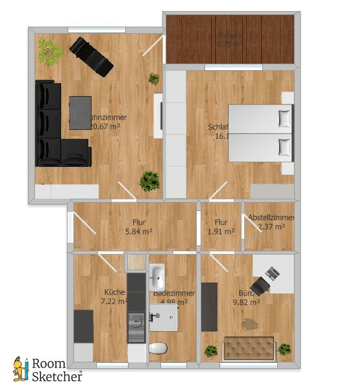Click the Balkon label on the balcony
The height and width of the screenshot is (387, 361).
[x=229, y=36]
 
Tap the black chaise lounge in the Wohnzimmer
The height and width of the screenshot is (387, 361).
[x=92, y=56]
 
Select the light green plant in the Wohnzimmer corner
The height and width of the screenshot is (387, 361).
[x=47, y=50]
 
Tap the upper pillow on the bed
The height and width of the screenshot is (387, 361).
[x=284, y=118]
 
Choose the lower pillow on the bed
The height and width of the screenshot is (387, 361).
[x=284, y=147]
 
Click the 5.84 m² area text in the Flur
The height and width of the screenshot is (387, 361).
[x=138, y=231]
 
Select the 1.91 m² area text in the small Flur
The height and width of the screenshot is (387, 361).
[x=221, y=231]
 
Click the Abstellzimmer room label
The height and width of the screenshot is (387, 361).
[x=271, y=218]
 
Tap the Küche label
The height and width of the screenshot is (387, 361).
[x=114, y=292]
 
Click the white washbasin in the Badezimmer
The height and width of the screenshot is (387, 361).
[x=157, y=277]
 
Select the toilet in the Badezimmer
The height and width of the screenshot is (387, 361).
[x=158, y=347]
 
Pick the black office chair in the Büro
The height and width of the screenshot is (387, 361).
[x=262, y=284]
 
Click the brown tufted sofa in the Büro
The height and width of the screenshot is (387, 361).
[x=249, y=347]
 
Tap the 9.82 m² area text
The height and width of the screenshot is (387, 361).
[x=247, y=302]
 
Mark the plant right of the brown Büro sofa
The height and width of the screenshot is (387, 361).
[x=284, y=349]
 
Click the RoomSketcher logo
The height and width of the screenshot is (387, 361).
[x=49, y=370]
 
